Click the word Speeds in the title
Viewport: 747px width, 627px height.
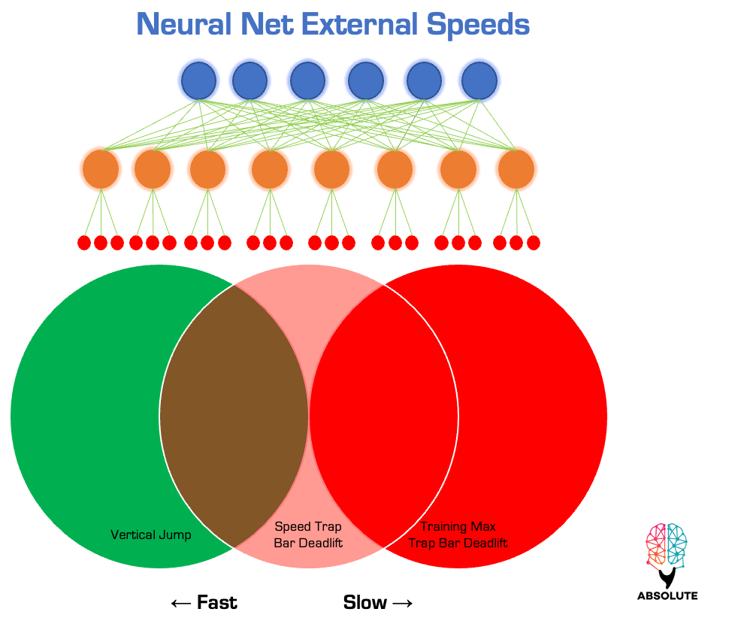[478, 25]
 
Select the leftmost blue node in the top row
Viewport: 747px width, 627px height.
[198, 80]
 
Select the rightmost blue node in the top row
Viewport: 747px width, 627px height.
[479, 80]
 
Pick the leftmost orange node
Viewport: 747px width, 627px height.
[101, 169]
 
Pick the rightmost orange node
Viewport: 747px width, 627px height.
[516, 169]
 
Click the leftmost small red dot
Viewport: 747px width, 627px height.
[84, 243]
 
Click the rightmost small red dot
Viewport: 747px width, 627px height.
[534, 243]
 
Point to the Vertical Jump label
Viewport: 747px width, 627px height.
[151, 535]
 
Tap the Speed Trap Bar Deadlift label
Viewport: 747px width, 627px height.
[308, 535]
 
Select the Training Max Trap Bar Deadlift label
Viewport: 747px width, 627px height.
[458, 535]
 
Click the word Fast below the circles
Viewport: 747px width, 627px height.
[216, 602]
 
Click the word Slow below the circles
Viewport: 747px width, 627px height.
[365, 602]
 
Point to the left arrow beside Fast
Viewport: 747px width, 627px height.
[180, 603]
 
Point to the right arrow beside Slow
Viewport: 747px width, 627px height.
[403, 603]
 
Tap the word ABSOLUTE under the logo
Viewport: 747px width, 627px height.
[667, 595]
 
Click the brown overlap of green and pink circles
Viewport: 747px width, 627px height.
[234, 416]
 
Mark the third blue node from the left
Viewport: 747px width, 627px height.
[307, 80]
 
